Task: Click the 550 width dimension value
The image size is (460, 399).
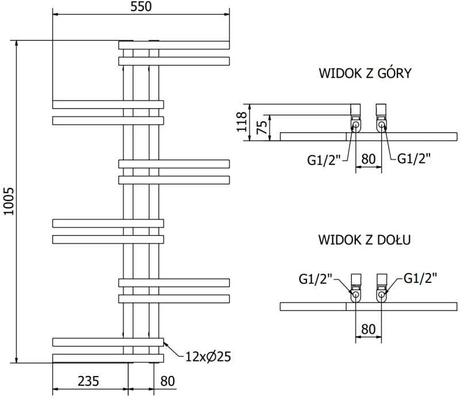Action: (x=141, y=6)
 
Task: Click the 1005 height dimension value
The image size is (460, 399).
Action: (x=9, y=201)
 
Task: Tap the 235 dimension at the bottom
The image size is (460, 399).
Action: (x=89, y=381)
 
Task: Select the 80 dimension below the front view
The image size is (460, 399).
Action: (x=167, y=381)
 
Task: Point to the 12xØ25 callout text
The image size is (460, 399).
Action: (x=208, y=357)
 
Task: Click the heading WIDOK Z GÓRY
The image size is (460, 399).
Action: (x=365, y=73)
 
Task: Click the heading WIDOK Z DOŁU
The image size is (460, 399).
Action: (x=365, y=240)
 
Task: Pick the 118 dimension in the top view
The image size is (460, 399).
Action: (x=242, y=122)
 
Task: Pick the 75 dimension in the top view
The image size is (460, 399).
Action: (x=262, y=127)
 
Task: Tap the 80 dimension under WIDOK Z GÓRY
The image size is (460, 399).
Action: (x=369, y=159)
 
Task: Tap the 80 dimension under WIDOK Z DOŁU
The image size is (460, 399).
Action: (x=369, y=329)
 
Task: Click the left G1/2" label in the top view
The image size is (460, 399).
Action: (x=324, y=160)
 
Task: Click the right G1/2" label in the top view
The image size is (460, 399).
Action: (x=413, y=159)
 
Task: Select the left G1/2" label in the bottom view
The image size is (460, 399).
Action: (x=316, y=279)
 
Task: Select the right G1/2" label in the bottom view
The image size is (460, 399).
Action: (x=420, y=278)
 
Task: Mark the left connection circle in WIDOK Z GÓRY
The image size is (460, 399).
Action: (x=355, y=125)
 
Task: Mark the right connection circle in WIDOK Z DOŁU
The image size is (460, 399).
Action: (x=381, y=294)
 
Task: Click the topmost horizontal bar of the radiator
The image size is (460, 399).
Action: (x=174, y=45)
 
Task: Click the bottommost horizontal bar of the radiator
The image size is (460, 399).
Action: (x=108, y=358)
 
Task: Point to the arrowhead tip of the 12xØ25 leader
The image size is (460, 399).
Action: (x=164, y=343)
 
